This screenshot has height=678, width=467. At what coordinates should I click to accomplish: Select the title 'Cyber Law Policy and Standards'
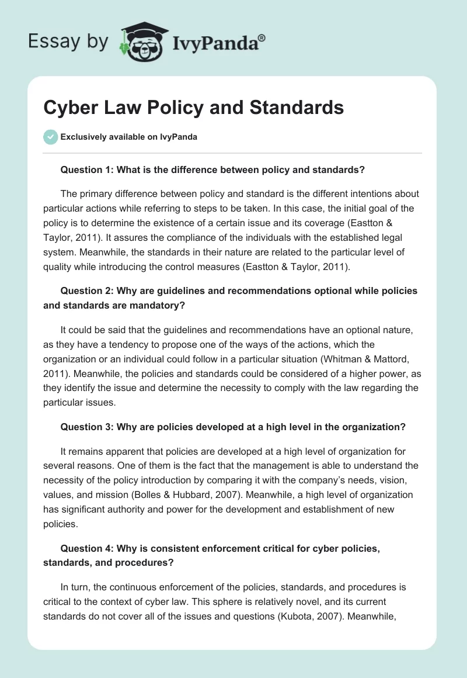click(x=193, y=108)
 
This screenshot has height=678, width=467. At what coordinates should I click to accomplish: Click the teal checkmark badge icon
click(x=50, y=137)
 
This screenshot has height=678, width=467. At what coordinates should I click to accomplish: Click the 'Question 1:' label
click(x=87, y=170)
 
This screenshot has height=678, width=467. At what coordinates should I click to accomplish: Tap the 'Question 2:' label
click(x=87, y=291)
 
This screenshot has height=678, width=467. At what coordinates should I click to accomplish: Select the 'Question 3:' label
click(x=87, y=427)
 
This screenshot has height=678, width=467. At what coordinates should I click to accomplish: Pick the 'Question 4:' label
click(x=87, y=548)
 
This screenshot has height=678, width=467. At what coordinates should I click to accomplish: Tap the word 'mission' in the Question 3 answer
click(x=91, y=494)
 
